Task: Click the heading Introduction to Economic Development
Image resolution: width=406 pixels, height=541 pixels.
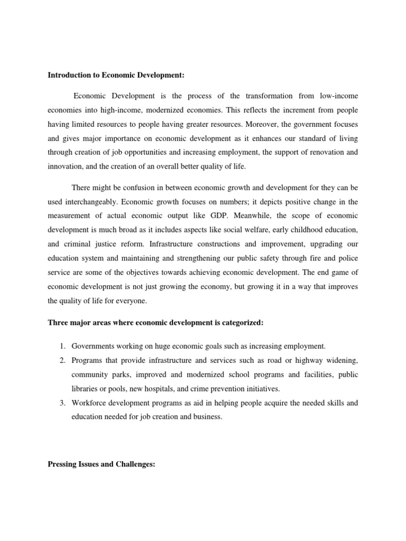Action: pyautogui.click(x=116, y=76)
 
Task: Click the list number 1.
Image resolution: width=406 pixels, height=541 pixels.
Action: pyautogui.click(x=61, y=346)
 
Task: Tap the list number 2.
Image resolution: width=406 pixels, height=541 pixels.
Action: pyautogui.click(x=61, y=360)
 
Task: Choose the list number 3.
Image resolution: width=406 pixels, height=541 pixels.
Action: pyautogui.click(x=61, y=403)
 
